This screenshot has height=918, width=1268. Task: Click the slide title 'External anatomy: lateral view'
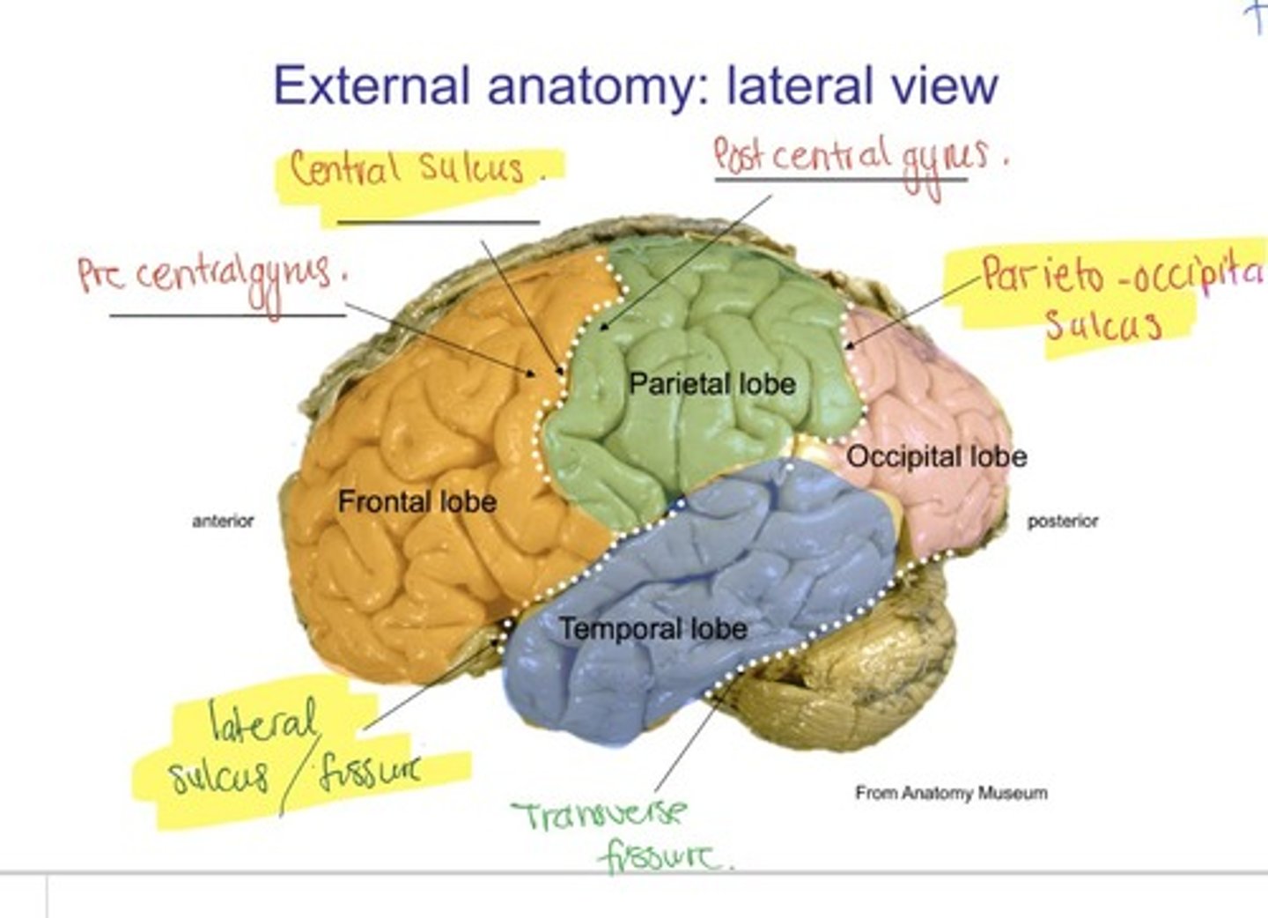coord(635,85)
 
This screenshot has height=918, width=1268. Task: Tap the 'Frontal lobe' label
coord(417,502)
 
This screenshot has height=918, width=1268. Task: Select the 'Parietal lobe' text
coord(711,384)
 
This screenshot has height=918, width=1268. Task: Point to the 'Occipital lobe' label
coord(936,456)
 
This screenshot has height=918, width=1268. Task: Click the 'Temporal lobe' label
coord(653,629)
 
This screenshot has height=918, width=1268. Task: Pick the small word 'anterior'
coord(223,522)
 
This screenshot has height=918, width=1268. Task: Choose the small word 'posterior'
coord(1063,522)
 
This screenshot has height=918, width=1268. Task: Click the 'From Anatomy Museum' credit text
coord(951,793)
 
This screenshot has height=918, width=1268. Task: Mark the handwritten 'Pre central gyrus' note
coord(211,275)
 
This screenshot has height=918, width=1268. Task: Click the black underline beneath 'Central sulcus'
coord(438,223)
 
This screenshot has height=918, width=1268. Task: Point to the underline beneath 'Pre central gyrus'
coord(227,315)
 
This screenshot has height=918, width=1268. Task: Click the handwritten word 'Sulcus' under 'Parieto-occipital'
coord(1102,326)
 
